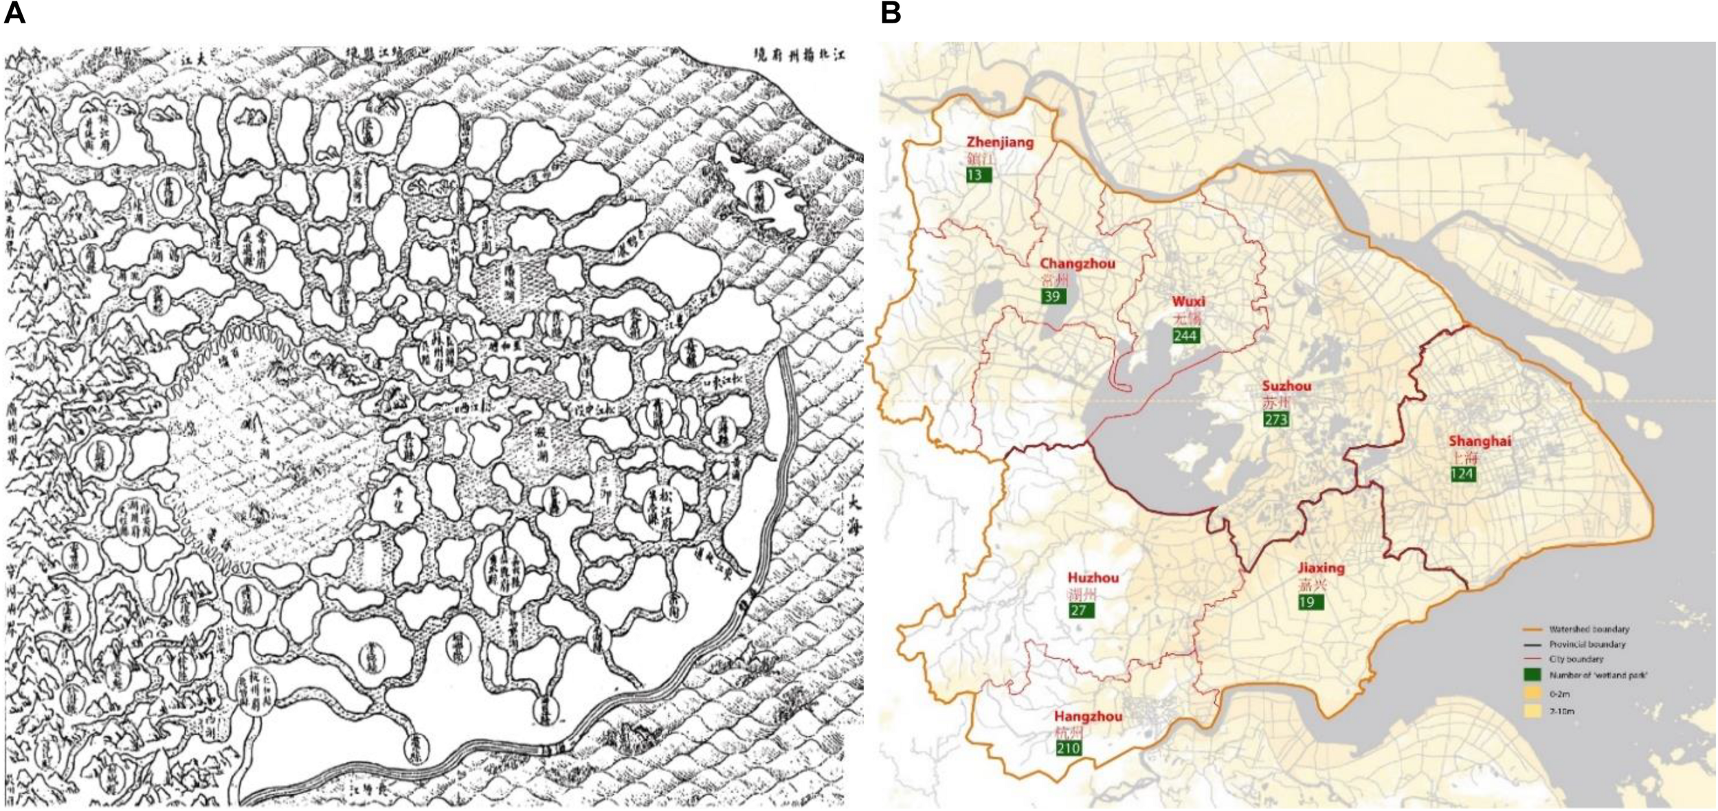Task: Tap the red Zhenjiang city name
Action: [x=1000, y=142]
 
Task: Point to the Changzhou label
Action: [x=1077, y=263]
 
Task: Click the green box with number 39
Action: [x=1053, y=296]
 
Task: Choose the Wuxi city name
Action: [x=1188, y=302]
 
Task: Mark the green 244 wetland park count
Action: [x=1186, y=335]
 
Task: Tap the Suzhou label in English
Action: [x=1286, y=386]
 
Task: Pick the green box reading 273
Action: [x=1276, y=419]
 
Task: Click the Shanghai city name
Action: [x=1480, y=441]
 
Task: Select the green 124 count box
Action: [x=1463, y=474]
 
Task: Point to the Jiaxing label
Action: [x=1321, y=568]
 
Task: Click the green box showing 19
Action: [x=1310, y=602]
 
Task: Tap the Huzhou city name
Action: [x=1093, y=578]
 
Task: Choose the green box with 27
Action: [x=1081, y=610]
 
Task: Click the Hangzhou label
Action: [x=1088, y=716]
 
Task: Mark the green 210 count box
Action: [x=1069, y=748]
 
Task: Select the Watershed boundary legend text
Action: [x=1589, y=629]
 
